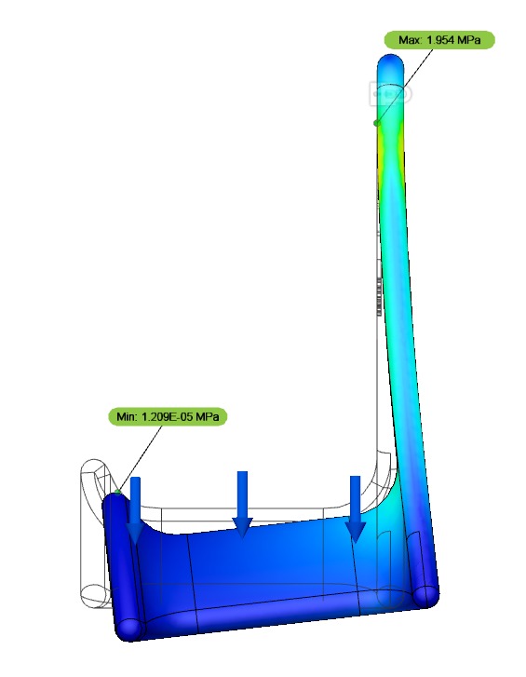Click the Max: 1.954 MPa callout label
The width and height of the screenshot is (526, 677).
[438, 40]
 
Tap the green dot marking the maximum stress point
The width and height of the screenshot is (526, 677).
[377, 122]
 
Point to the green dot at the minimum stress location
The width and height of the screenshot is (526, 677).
[118, 490]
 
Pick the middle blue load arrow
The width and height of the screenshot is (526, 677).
[243, 504]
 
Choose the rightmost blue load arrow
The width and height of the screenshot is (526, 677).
[355, 508]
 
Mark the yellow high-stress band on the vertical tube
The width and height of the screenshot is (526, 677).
[383, 144]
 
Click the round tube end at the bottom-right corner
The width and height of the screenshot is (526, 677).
[426, 593]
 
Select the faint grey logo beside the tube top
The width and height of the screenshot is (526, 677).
[390, 93]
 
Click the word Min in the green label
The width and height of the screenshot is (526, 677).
[127, 417]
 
